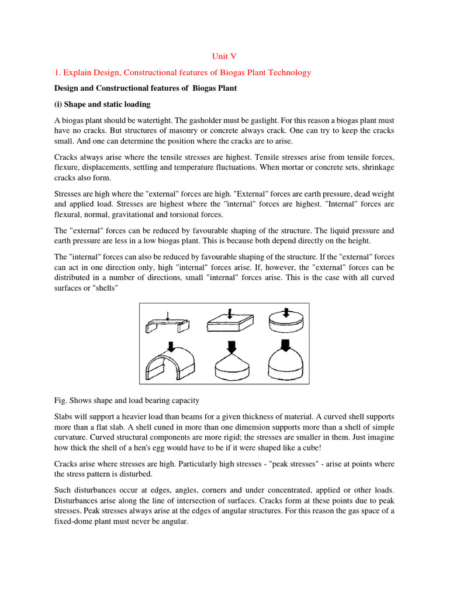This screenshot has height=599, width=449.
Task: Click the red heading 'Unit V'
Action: point(224,56)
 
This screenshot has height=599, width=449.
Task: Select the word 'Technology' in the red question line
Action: point(286,73)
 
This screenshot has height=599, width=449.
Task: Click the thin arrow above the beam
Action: point(168,316)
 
